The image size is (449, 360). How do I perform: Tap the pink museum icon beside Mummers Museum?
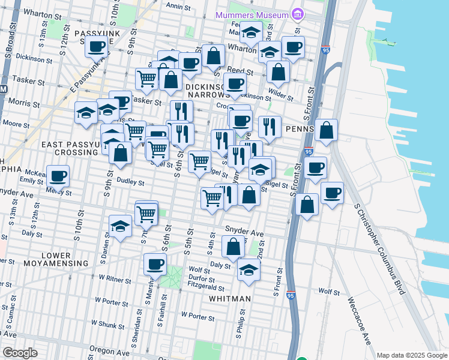point(296,13)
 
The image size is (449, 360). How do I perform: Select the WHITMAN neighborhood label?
point(231,298)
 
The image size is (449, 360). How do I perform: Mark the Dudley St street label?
point(130,182)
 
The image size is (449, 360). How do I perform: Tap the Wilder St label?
point(280,94)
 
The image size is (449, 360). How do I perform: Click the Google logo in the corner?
point(20,352)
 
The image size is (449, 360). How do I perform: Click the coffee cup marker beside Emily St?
point(58,176)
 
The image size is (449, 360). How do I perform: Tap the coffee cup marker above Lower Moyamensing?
point(155,263)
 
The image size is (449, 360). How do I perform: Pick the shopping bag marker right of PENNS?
point(326,130)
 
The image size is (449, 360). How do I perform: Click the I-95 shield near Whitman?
point(291,295)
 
